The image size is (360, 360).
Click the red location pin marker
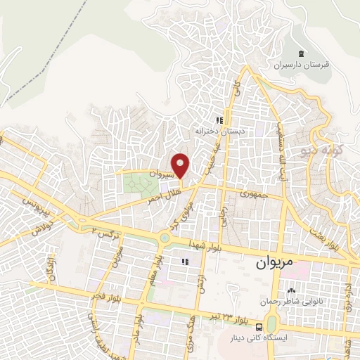coord(181,166)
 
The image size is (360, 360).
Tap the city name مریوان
coord(273,264)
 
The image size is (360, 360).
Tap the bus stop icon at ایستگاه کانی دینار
coord(261,327)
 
